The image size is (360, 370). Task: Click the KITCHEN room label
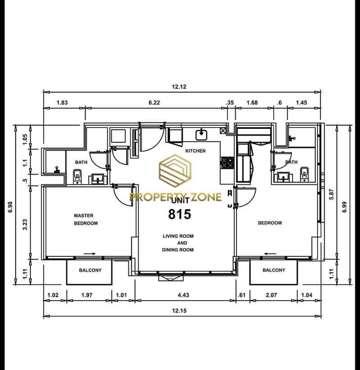coord(196,151)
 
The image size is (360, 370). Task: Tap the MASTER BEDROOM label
coord(86,219)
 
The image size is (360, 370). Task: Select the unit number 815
coord(179,215)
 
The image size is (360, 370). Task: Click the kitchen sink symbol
coord(201,135)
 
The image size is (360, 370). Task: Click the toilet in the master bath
coord(77,176)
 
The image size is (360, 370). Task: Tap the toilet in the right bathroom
coord(304,174)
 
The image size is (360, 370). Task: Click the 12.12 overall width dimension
coord(179,87)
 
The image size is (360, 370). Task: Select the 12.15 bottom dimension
coord(179,311)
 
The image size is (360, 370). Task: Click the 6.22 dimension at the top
coord(154,103)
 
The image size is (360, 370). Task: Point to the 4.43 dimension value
coord(183,295)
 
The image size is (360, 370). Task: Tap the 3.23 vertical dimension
coord(25,224)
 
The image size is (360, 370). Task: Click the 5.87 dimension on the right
coord(332,194)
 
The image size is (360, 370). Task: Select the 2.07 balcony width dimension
coord(271,295)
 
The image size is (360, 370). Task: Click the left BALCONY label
coord(91,270)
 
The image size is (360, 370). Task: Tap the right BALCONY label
coord(274,270)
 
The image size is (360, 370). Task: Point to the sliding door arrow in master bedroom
coord(89,254)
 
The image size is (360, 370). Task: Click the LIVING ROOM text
coord(178,236)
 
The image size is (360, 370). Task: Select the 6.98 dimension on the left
coord(10,207)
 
